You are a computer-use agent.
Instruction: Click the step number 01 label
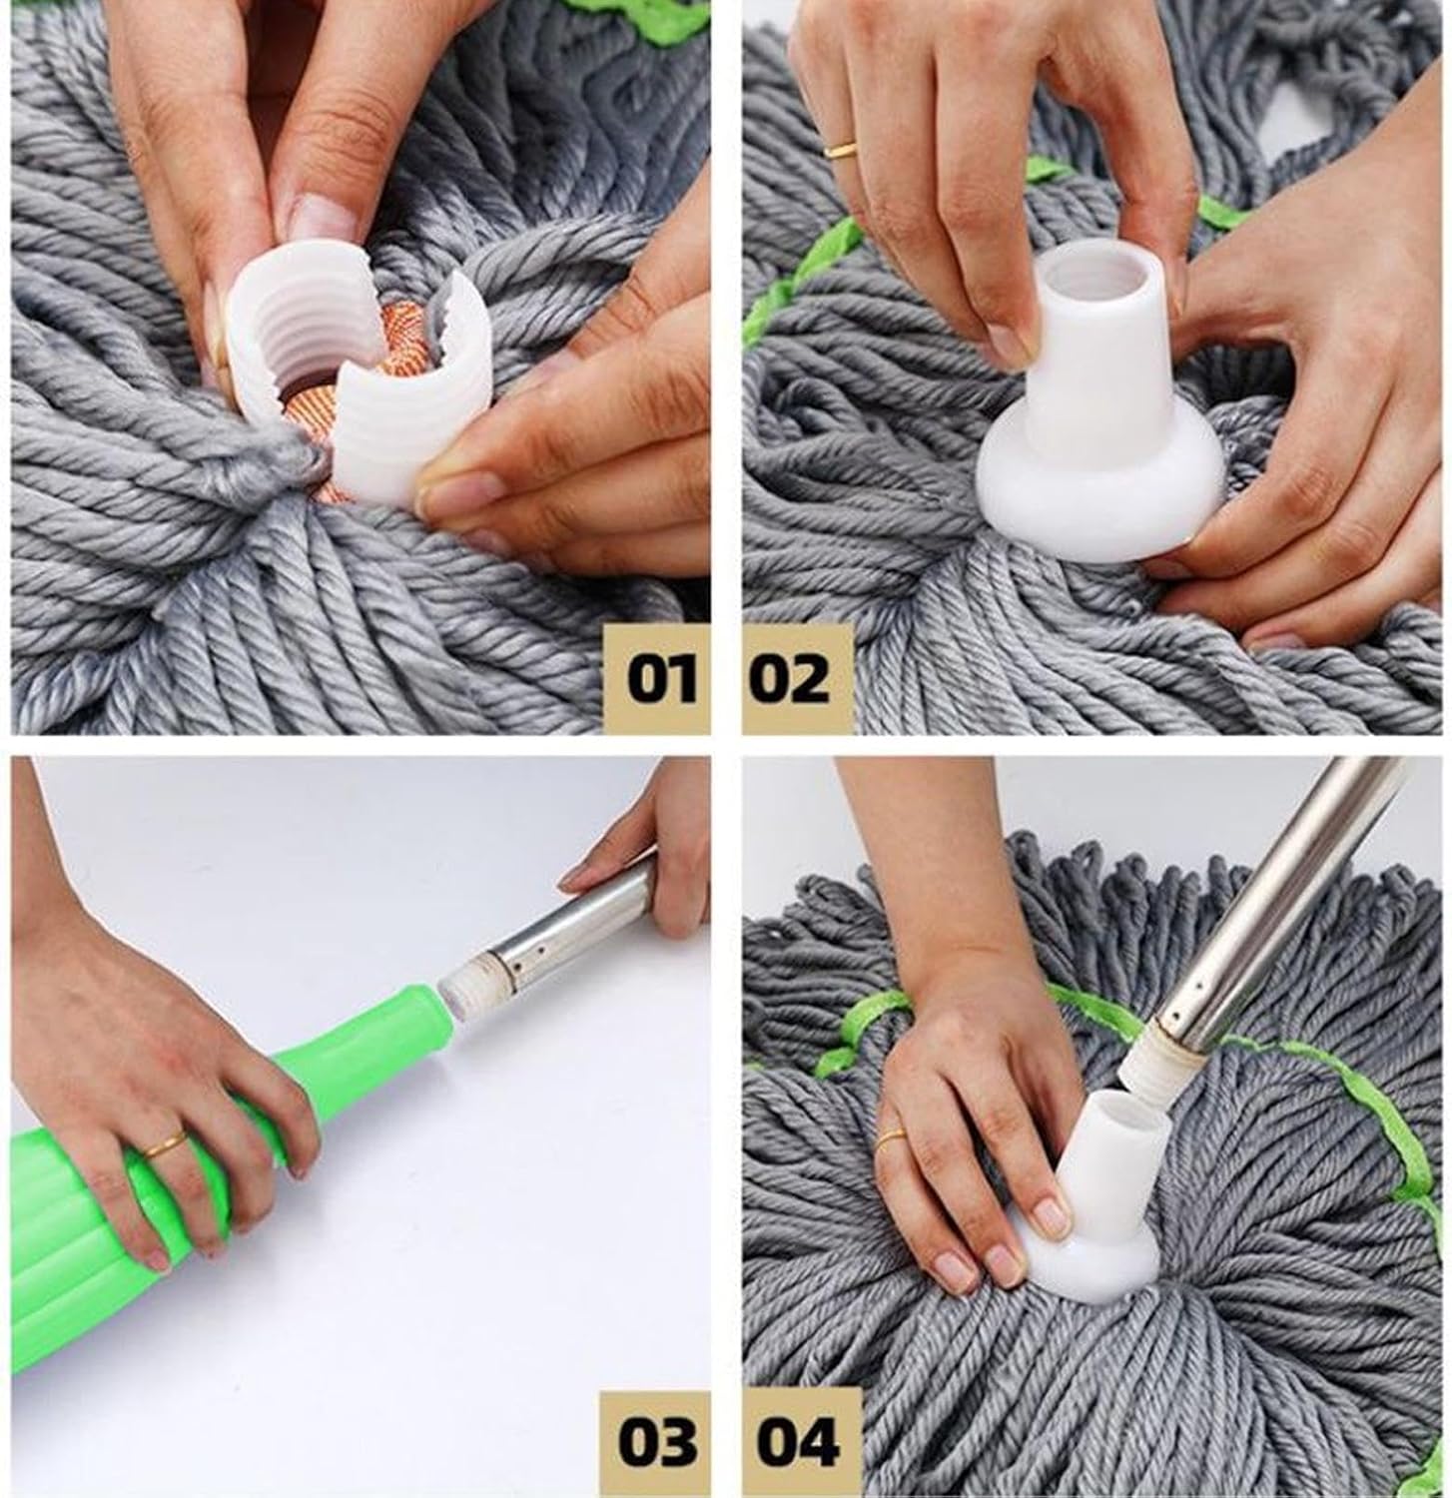tap(661, 679)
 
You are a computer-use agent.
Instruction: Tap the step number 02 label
tap(789, 679)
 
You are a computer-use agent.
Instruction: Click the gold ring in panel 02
tap(840, 150)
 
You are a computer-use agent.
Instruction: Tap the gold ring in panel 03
tap(162, 1144)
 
